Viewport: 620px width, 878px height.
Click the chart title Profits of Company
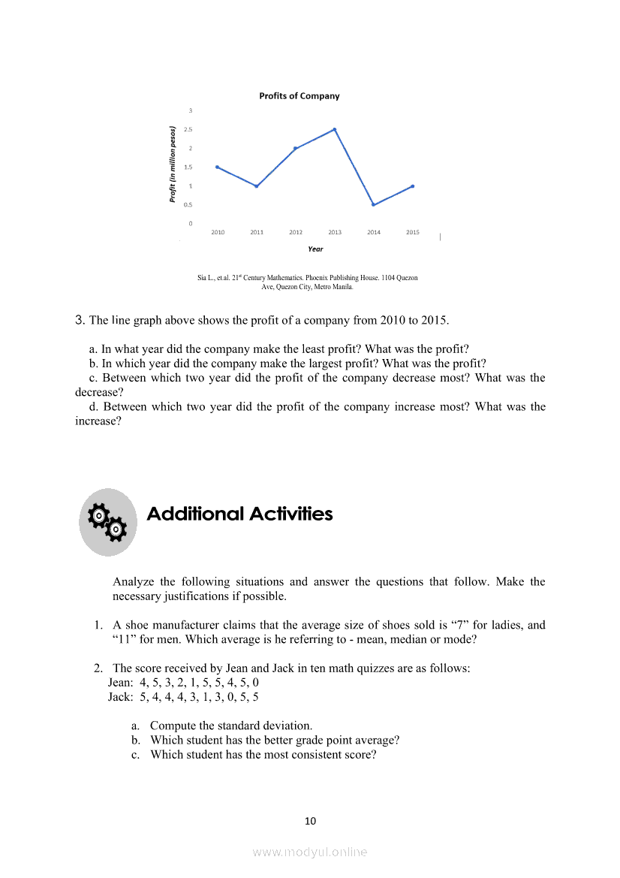tap(299, 96)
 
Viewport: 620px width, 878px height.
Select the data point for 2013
tap(335, 129)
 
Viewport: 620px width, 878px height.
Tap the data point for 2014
tap(374, 204)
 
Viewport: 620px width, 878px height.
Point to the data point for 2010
tap(218, 167)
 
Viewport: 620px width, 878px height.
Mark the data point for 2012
tap(296, 148)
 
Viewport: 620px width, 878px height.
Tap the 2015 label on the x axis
tap(413, 233)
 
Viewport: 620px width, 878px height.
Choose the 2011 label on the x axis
tap(257, 233)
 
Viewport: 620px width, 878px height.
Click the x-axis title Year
tap(315, 249)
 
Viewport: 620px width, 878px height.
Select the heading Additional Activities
tap(239, 514)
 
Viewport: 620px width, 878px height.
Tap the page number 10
tap(311, 821)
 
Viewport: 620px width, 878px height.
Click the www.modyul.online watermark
tap(310, 852)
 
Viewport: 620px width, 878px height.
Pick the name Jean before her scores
tap(120, 683)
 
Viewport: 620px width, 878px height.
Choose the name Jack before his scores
tap(120, 697)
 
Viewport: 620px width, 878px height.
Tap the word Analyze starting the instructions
tap(134, 581)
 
